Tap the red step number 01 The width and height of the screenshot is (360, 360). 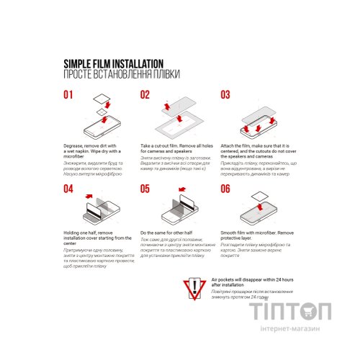pos(68,94)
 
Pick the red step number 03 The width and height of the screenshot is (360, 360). pos(225,94)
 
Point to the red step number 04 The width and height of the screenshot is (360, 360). pos(68,189)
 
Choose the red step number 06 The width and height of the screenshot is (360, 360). pos(225,189)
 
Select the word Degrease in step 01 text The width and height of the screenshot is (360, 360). pos(76,145)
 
